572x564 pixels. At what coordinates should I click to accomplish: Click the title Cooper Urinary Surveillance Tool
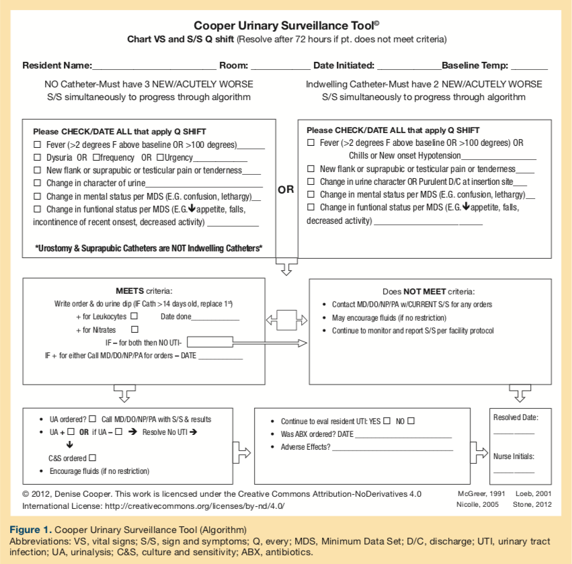point(285,25)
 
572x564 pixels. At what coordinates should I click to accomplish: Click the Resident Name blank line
point(155,67)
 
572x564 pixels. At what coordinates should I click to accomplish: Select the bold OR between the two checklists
point(286,190)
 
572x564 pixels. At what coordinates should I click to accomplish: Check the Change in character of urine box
point(38,183)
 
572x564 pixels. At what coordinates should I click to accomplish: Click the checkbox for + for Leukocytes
point(134,315)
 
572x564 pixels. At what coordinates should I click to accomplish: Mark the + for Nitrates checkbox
point(134,329)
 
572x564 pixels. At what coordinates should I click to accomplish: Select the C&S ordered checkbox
point(93,458)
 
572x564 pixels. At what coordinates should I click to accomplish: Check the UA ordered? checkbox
point(93,419)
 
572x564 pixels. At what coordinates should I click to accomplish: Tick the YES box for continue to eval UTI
point(386,421)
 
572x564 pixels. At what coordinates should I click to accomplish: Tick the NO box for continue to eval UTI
point(411,421)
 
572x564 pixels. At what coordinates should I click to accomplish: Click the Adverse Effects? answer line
point(391,448)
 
